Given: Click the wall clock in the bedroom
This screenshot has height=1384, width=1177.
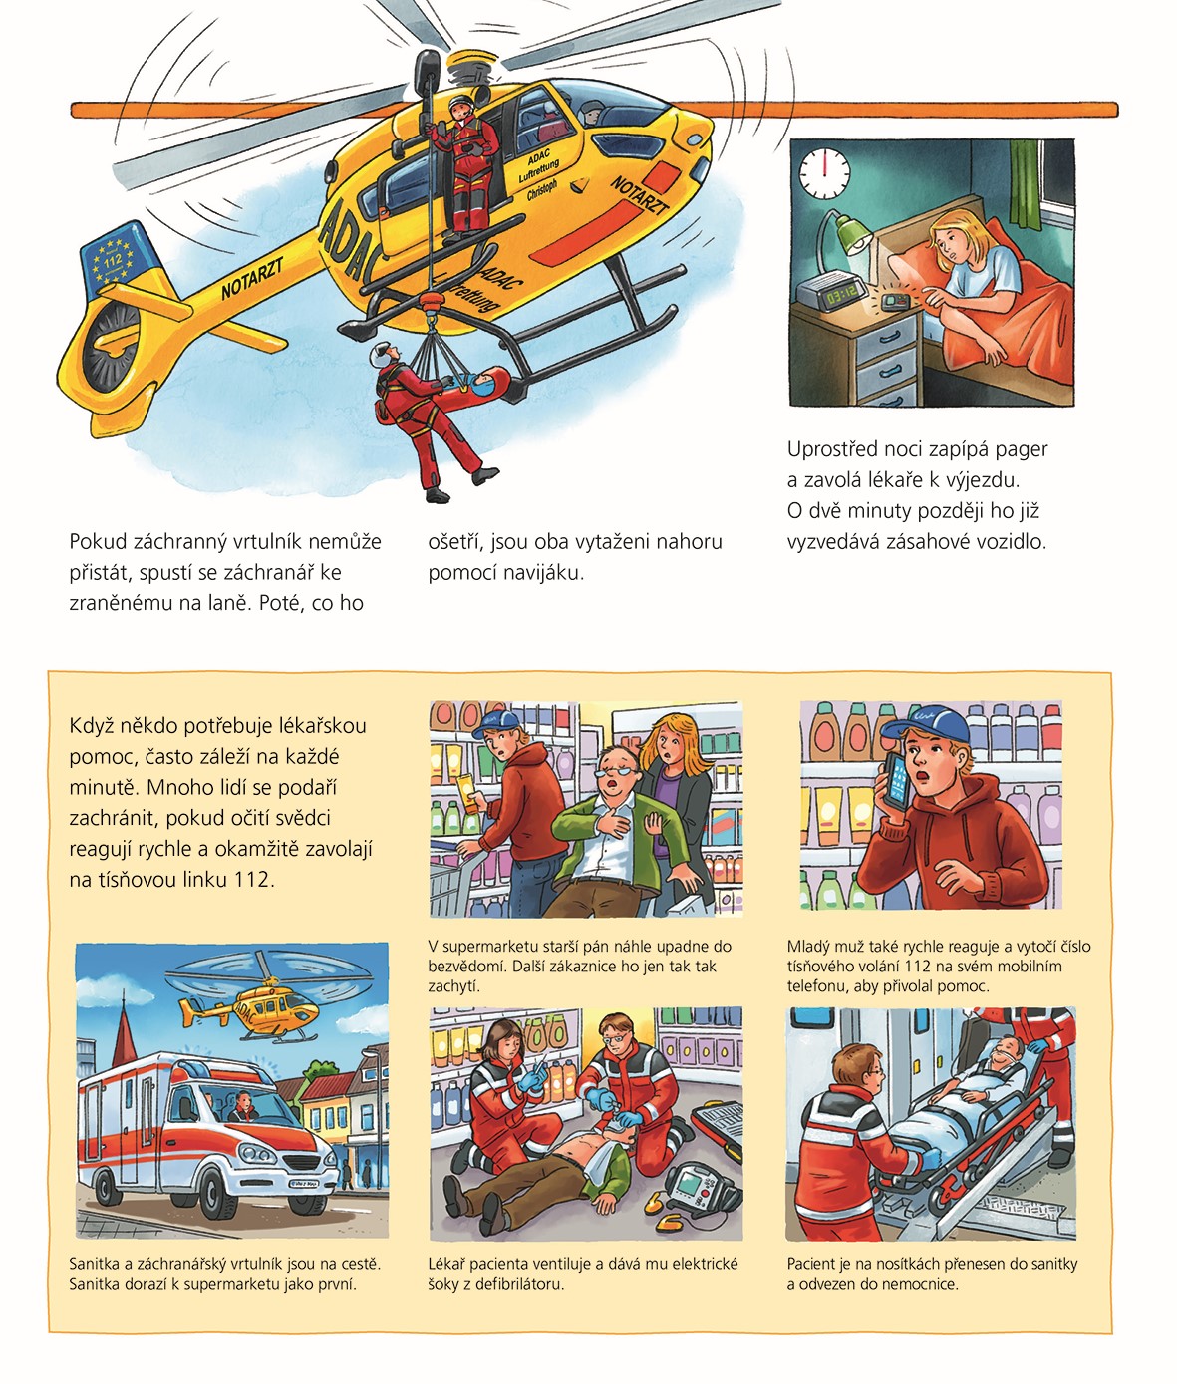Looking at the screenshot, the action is [x=824, y=172].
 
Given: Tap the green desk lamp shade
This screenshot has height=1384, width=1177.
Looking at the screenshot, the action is [x=852, y=234].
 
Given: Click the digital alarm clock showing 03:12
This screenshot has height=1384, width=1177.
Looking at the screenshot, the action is [x=830, y=291].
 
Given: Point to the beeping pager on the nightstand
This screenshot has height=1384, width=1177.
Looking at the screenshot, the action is [x=894, y=300].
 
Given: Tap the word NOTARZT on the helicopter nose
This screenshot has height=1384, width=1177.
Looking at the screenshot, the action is [x=640, y=195].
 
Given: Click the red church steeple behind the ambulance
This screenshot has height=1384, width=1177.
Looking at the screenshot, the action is [x=124, y=1030].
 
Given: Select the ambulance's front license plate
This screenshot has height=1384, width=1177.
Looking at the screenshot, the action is [x=305, y=1183].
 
